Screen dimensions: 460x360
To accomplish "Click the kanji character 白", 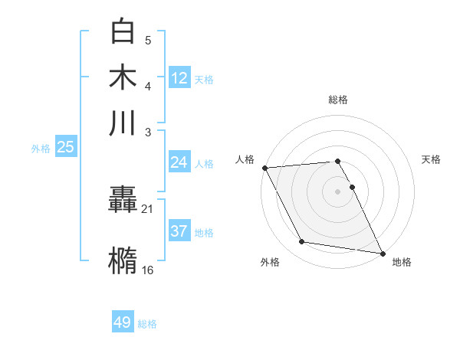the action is [123, 31].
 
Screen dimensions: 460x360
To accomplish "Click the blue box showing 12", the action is [179, 77].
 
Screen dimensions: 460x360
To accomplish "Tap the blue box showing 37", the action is [179, 231].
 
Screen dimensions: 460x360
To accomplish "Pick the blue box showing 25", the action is [65, 147].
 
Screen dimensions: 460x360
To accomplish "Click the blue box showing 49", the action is [123, 322].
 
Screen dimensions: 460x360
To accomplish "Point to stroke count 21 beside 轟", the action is [147, 208].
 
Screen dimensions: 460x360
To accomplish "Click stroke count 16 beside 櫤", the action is [147, 270].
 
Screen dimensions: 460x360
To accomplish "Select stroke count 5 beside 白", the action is [148, 41].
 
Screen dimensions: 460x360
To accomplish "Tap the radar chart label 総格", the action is [338, 100].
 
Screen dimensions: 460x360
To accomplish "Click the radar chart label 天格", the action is [432, 159].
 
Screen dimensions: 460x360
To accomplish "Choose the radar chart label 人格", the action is [245, 159].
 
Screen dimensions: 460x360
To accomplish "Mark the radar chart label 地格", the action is [402, 262].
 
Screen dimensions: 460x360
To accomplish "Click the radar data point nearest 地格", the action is [382, 253].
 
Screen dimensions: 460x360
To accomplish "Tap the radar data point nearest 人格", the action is [264, 168].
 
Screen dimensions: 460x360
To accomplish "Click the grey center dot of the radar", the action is [338, 191].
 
